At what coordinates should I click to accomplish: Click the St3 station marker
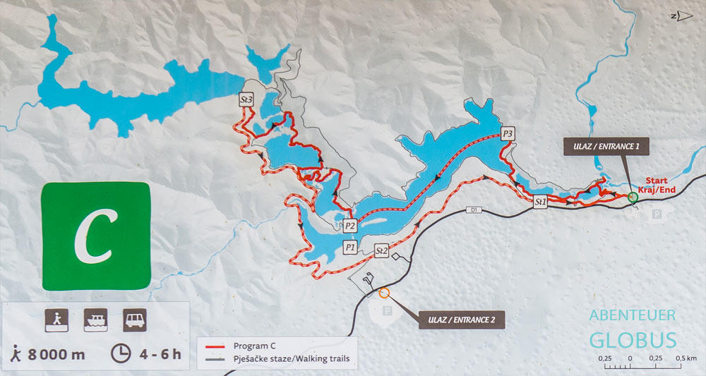pyautogui.click(x=246, y=100)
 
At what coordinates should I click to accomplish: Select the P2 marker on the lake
pyautogui.click(x=350, y=226)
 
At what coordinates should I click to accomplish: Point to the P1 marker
pyautogui.click(x=350, y=247)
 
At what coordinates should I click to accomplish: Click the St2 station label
pyautogui.click(x=382, y=250)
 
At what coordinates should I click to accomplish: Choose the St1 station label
pyautogui.click(x=542, y=202)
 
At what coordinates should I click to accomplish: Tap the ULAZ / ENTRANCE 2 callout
pyautogui.click(x=461, y=320)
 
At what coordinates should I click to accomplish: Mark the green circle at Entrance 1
pyautogui.click(x=633, y=198)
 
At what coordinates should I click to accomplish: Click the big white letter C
pyautogui.click(x=95, y=236)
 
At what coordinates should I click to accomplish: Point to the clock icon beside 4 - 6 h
pyautogui.click(x=121, y=353)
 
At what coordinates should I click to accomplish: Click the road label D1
pyautogui.click(x=474, y=210)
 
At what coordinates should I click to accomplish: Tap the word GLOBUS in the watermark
pyautogui.click(x=633, y=339)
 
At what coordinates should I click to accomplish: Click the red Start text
pyautogui.click(x=657, y=181)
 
